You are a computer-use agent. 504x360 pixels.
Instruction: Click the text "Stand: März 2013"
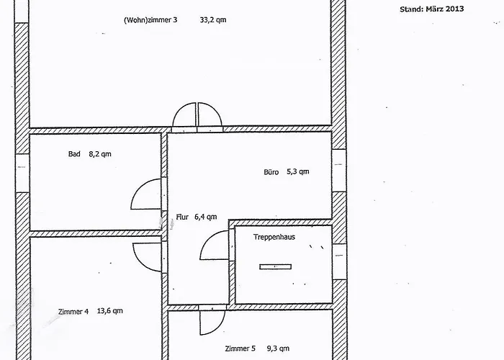432,9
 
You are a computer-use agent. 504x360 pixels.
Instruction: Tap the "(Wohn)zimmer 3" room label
150,20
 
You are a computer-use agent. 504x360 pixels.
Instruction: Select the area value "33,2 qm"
213,19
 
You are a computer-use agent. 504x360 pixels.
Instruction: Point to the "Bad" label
74,154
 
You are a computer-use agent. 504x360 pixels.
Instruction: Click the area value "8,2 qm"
100,154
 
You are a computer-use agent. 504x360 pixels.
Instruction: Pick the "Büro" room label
271,172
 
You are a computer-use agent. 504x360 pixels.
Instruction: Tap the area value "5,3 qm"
297,171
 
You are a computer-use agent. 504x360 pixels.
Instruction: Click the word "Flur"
182,217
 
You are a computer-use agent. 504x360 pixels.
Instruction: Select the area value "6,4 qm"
205,217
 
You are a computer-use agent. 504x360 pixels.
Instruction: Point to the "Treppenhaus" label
274,237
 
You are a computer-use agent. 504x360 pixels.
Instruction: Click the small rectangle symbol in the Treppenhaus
276,266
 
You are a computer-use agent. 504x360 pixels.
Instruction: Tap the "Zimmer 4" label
73,312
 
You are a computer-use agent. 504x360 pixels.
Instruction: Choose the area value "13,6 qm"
109,311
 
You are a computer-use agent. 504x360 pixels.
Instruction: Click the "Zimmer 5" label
240,348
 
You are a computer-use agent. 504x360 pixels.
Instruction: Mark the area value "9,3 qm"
278,348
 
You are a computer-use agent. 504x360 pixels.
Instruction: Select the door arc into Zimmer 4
140,263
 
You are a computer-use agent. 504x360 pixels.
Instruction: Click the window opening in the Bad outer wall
22,173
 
